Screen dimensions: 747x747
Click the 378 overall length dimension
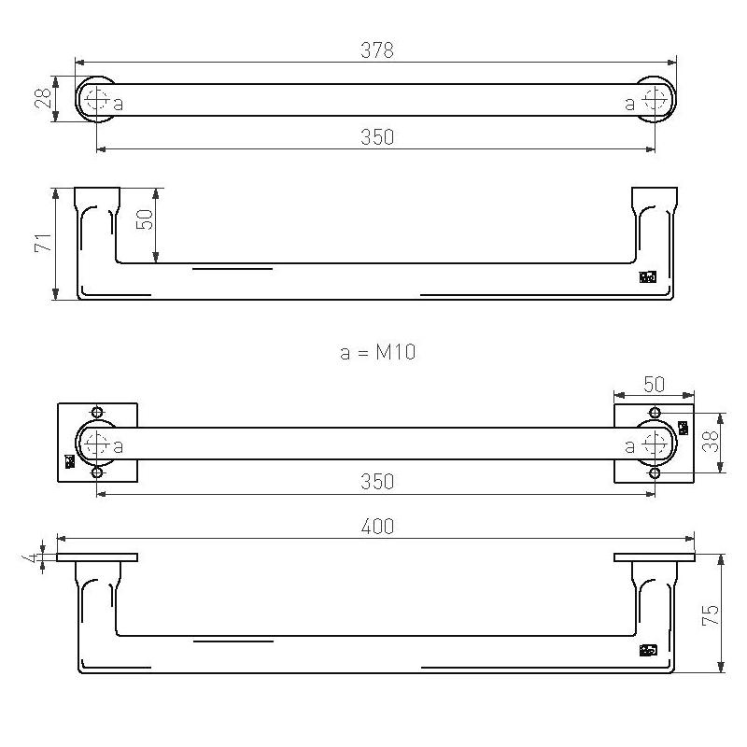377,49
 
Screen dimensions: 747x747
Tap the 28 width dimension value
43,98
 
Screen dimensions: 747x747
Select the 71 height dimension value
43,243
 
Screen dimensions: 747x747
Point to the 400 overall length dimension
377,527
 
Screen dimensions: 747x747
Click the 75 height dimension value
711,615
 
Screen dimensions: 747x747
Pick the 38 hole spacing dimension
711,441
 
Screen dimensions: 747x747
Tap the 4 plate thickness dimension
33,557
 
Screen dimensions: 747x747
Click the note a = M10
378,353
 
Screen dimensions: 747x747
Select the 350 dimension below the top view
377,137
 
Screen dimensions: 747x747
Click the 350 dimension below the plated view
377,482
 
